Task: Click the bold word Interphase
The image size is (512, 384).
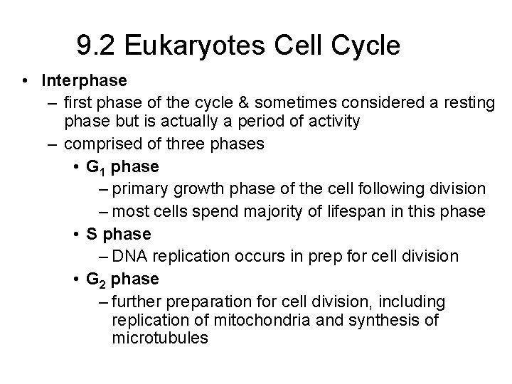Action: (x=84, y=81)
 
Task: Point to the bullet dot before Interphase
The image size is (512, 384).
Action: (x=25, y=81)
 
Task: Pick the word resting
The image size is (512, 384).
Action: (x=469, y=103)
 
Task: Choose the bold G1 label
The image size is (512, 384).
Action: (x=93, y=168)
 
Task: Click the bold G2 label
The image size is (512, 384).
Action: (x=93, y=279)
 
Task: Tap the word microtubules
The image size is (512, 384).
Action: (x=160, y=338)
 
